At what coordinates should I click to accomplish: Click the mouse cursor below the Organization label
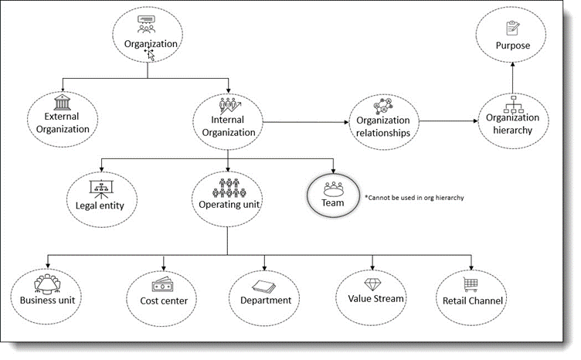(x=151, y=55)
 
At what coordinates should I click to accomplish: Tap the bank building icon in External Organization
(x=62, y=103)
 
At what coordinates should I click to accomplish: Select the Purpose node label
(x=513, y=46)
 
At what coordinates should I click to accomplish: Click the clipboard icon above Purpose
(x=513, y=28)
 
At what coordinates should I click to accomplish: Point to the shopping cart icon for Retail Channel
(x=471, y=284)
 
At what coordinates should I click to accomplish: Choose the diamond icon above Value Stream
(x=372, y=284)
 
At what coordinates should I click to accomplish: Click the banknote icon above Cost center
(x=162, y=285)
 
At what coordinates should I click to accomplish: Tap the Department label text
(x=266, y=300)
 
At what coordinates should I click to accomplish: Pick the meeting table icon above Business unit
(x=47, y=284)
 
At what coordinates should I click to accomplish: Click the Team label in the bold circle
(x=333, y=203)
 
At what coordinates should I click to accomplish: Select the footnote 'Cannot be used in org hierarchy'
(x=414, y=198)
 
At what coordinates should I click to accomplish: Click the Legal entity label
(x=100, y=205)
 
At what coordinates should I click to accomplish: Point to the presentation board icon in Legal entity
(x=101, y=189)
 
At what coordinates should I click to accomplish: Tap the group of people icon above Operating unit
(x=229, y=188)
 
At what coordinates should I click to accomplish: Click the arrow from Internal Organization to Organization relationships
(x=306, y=122)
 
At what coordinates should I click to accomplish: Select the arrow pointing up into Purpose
(x=513, y=78)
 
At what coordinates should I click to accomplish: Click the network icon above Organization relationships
(x=383, y=107)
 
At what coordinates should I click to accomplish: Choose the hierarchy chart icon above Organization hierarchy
(x=513, y=104)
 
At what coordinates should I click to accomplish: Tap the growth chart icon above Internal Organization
(x=229, y=105)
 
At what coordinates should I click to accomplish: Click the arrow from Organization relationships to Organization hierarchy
(x=449, y=121)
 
